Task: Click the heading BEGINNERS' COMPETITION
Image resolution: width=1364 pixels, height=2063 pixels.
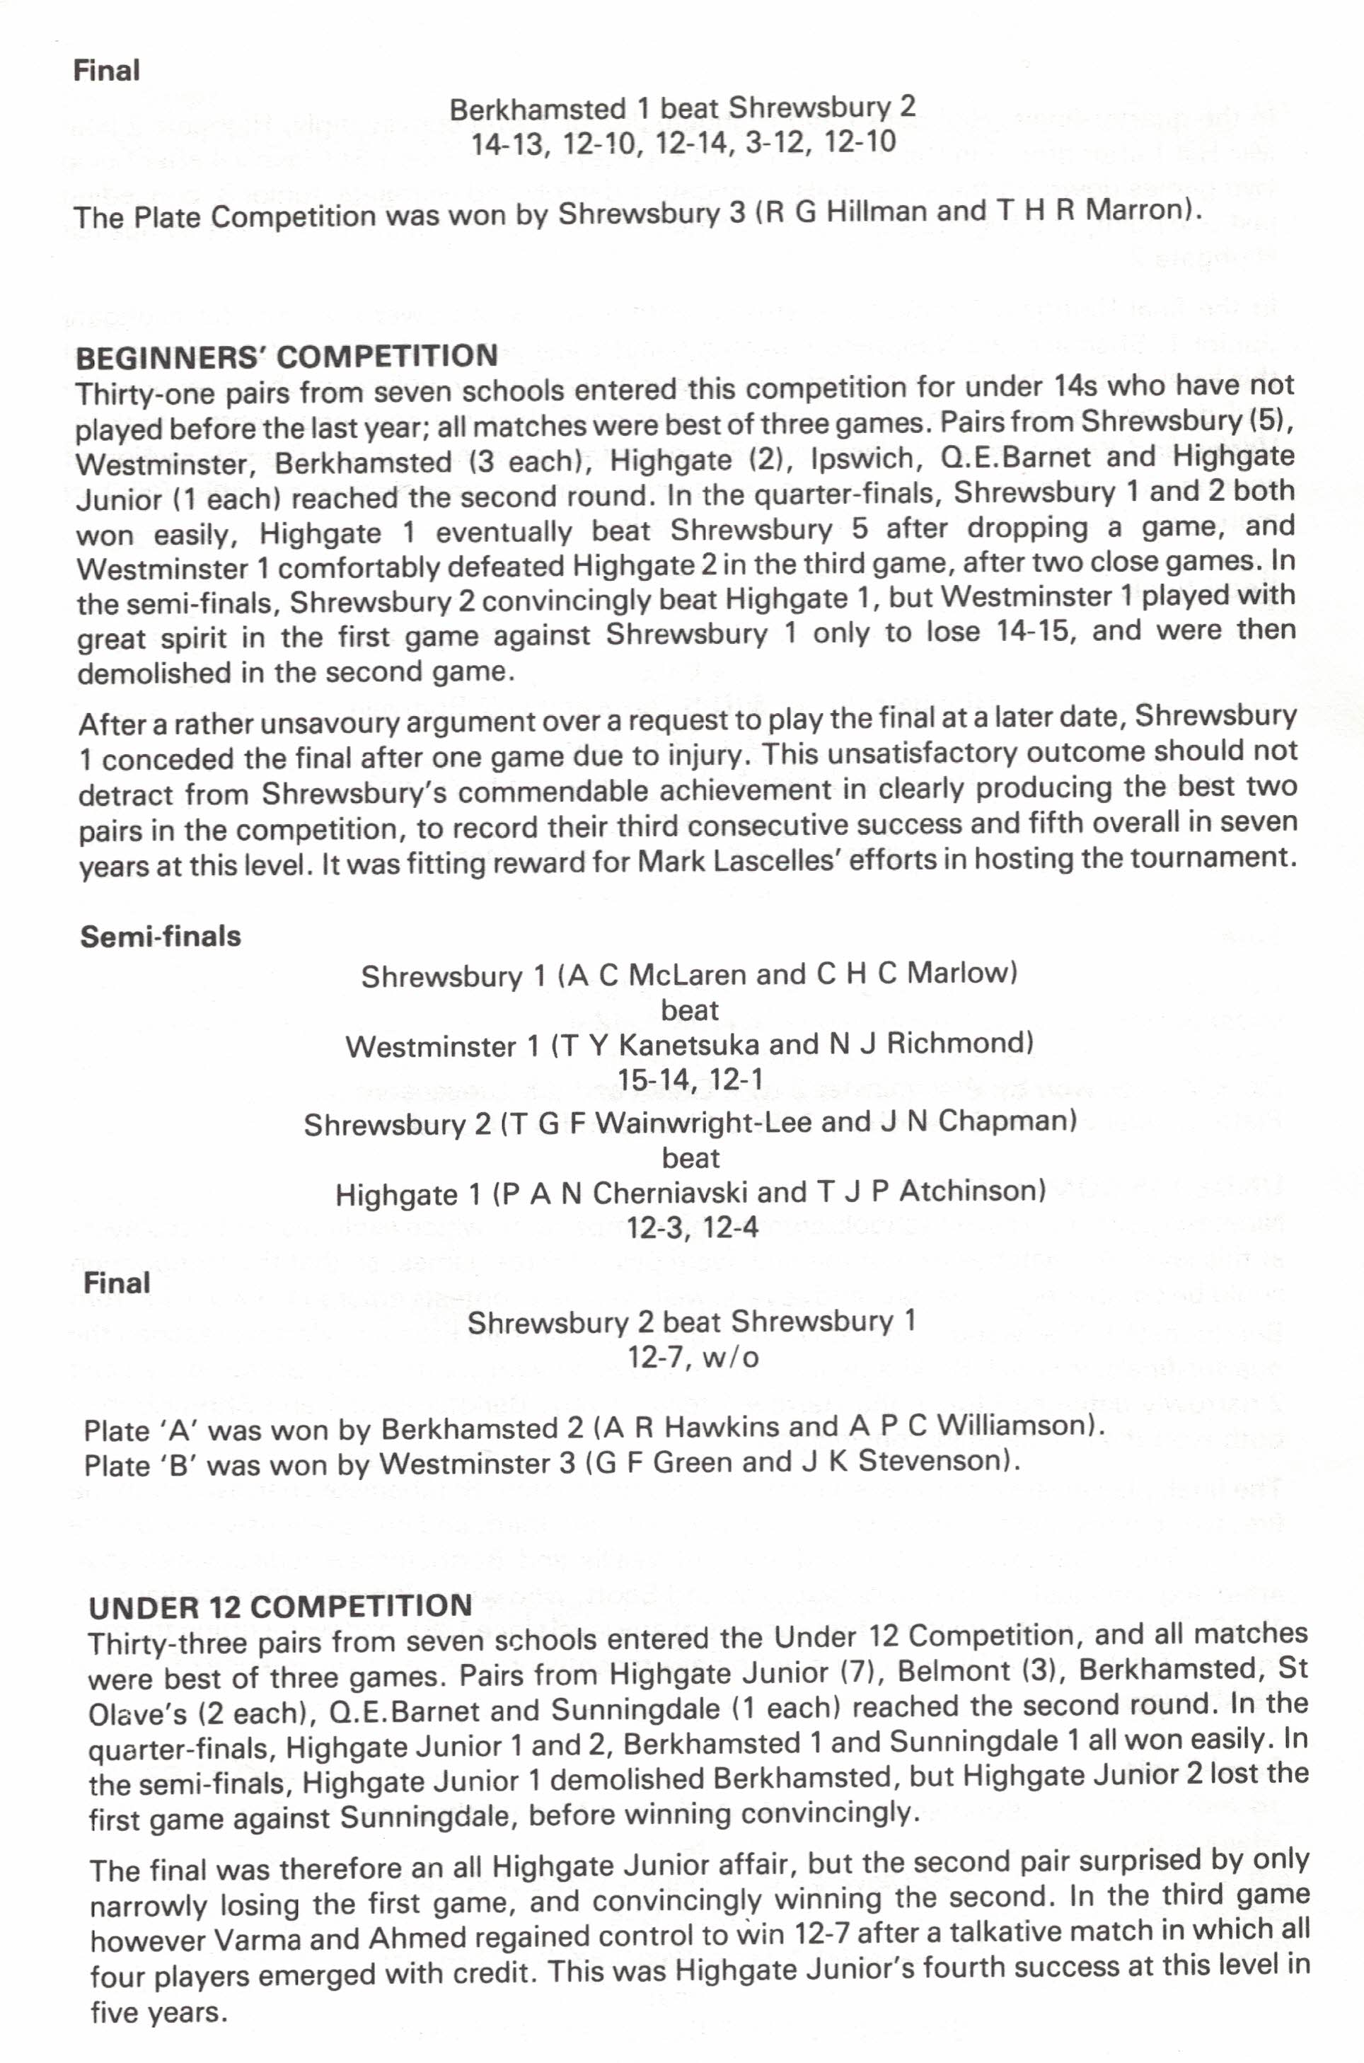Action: (287, 357)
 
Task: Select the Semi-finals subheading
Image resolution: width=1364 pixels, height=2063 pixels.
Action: (161, 936)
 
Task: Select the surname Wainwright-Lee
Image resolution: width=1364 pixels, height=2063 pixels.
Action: (704, 1122)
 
